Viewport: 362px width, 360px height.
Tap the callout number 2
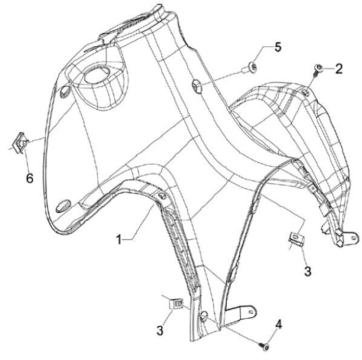[339, 68]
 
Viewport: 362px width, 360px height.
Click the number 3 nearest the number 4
[160, 330]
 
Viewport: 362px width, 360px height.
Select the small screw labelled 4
[264, 345]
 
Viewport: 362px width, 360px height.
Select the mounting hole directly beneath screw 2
[307, 91]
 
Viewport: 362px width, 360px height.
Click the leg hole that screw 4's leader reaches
[204, 315]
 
